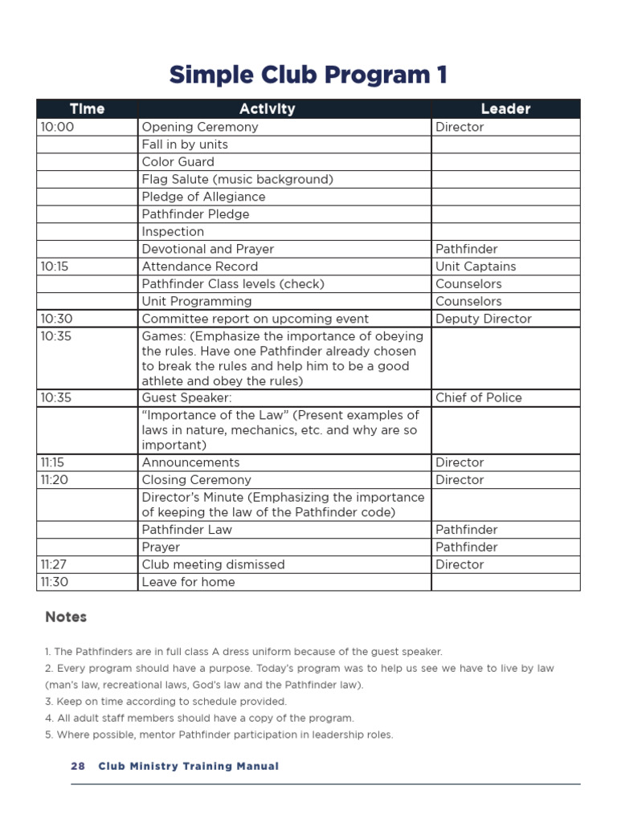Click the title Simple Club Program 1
[x=308, y=75]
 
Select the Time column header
[x=87, y=108]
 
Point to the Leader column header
[x=505, y=108]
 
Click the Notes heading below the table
[x=66, y=616]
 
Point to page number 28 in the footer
[x=78, y=766]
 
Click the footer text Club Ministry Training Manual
[x=189, y=766]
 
